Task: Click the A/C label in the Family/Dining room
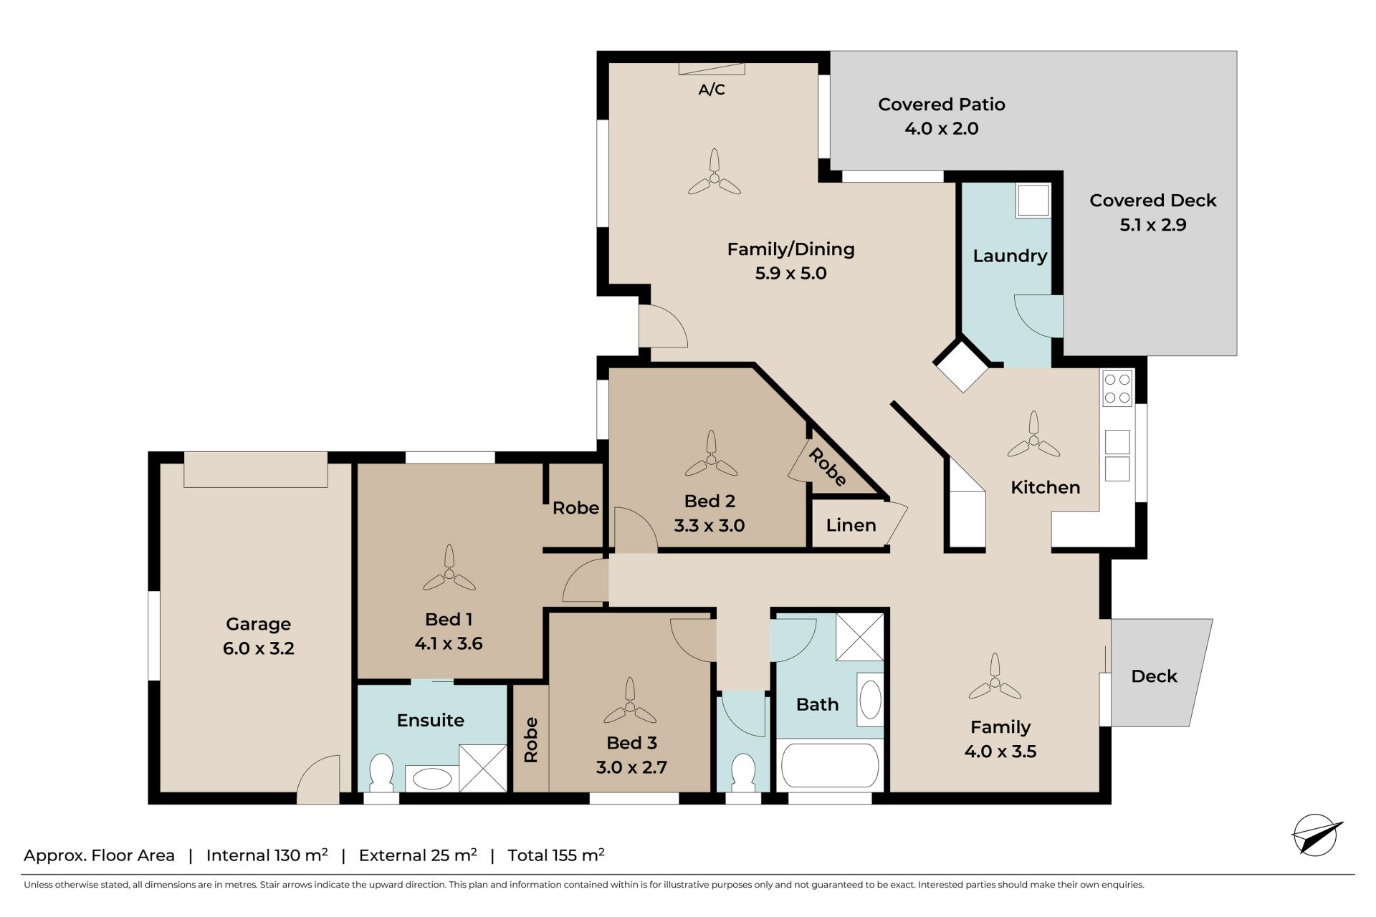click(712, 90)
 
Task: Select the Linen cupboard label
click(851, 525)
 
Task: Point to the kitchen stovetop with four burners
click(1117, 388)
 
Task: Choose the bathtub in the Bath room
click(830, 766)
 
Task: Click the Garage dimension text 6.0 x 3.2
click(258, 648)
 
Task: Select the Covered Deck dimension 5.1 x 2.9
click(1153, 225)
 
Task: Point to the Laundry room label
click(1010, 256)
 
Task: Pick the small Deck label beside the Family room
click(1154, 676)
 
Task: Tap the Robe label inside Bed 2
click(828, 466)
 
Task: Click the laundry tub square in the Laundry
click(1033, 201)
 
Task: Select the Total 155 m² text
click(556, 855)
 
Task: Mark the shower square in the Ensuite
click(482, 769)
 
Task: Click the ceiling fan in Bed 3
click(630, 702)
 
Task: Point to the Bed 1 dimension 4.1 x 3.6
click(449, 643)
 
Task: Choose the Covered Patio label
click(942, 105)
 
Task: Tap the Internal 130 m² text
click(267, 855)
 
